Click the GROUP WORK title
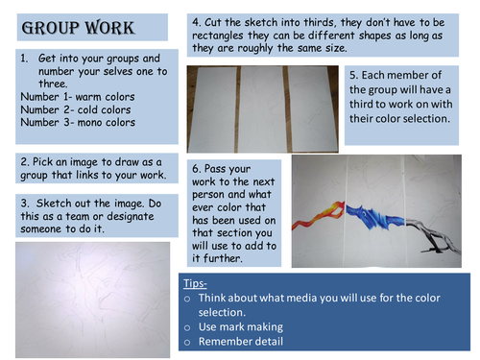point(78,28)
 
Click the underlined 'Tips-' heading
point(195,283)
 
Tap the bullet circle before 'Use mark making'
point(187,328)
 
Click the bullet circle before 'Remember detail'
point(187,343)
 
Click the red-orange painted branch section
point(318,214)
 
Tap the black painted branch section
point(432,235)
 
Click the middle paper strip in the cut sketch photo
point(262,108)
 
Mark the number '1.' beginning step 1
point(24,59)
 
